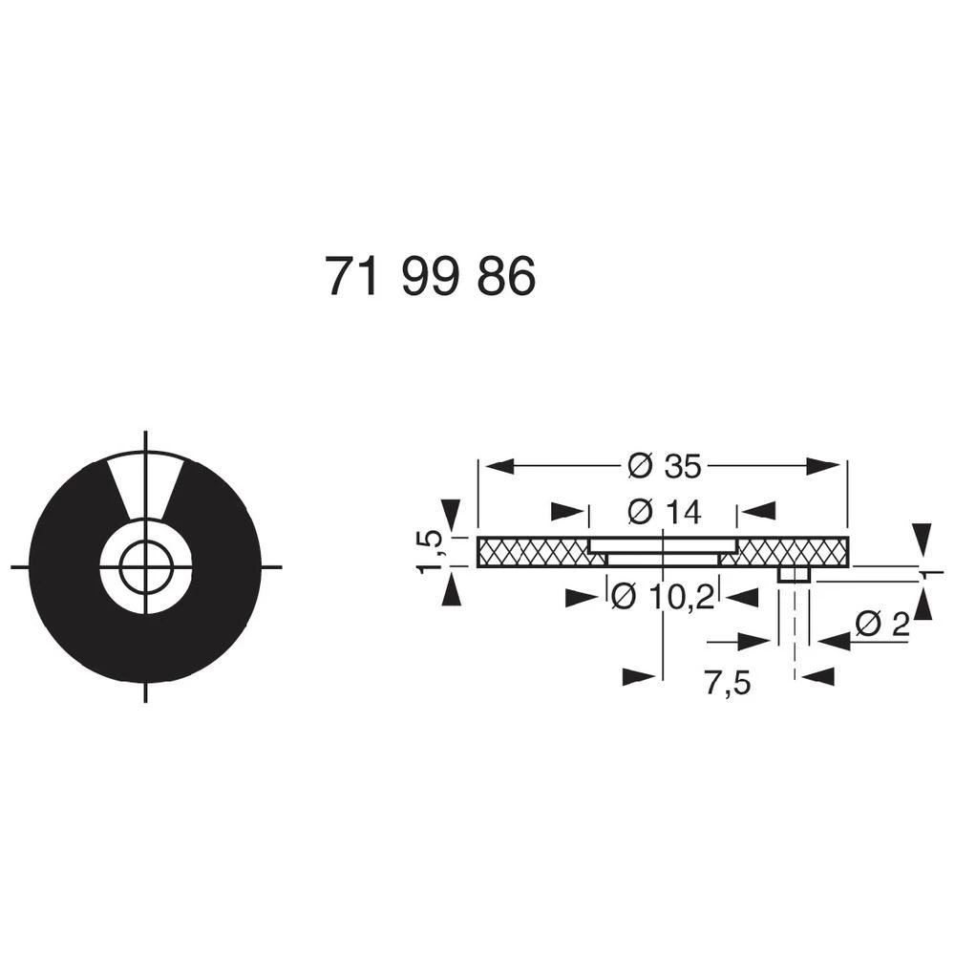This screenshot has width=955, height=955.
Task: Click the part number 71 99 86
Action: point(430,278)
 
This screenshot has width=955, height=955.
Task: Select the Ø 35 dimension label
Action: point(665,467)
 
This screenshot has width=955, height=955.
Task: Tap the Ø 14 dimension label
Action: point(665,513)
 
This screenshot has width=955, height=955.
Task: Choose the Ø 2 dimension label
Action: point(881,626)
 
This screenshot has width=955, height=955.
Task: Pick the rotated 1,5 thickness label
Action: point(432,552)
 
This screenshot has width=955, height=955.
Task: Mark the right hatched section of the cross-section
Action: point(793,551)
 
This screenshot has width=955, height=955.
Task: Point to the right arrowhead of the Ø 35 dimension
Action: point(824,467)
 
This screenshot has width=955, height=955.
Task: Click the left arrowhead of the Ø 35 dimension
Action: point(501,467)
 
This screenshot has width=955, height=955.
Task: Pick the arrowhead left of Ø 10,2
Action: point(582,598)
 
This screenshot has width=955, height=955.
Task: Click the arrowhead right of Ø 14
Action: point(759,513)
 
